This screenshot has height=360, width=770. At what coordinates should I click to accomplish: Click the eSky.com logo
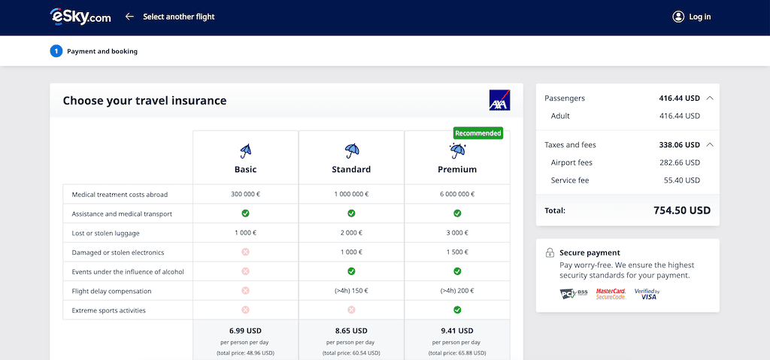80,17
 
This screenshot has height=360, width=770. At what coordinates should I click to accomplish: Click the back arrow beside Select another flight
129,17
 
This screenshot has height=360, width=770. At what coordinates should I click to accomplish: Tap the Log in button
691,17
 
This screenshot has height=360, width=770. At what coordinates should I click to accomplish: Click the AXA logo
499,100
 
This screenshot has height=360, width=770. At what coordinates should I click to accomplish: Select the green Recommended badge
477,133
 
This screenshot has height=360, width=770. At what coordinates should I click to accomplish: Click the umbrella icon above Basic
245,151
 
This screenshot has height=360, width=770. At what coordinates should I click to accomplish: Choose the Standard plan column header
351,169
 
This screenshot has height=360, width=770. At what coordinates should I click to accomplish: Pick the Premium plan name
457,169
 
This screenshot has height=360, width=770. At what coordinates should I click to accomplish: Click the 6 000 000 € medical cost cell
457,195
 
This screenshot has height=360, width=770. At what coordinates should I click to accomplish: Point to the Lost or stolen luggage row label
105,233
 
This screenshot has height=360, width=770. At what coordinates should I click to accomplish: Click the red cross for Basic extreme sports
245,310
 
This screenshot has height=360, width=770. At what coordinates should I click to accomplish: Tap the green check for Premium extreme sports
457,310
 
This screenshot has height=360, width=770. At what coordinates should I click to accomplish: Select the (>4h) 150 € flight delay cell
351,291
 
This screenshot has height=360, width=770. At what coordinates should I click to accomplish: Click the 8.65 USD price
351,330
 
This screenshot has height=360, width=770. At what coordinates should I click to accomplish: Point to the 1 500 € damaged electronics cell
457,253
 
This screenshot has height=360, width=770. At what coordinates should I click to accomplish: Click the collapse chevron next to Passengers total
711,98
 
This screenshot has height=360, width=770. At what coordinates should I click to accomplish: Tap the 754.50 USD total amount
682,210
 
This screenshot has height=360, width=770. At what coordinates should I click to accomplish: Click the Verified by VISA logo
647,294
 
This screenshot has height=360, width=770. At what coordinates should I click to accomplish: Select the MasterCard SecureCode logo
611,294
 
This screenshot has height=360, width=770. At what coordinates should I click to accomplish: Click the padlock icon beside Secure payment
550,253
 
